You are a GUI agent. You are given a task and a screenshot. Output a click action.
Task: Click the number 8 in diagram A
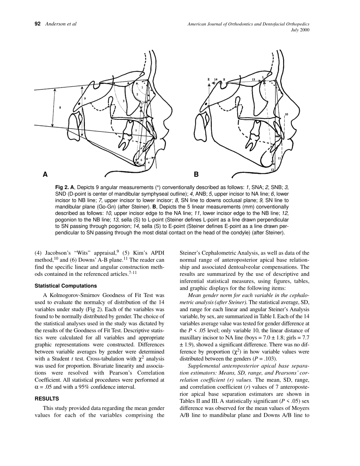60,108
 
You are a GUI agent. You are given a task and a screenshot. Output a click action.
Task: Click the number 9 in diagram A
85,99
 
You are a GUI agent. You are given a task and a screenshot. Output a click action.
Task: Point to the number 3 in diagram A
124,101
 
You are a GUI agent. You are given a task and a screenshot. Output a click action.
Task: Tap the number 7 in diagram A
136,131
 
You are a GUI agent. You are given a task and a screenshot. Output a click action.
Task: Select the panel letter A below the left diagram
45,175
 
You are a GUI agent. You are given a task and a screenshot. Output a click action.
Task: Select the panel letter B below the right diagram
196,175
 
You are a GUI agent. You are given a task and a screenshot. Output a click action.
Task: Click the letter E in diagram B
208,80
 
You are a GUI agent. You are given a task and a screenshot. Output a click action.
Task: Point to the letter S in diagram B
224,80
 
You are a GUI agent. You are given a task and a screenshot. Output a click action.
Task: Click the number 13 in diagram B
253,79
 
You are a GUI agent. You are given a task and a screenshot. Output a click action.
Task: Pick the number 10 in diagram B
286,114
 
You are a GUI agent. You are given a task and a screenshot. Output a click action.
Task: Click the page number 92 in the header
38,24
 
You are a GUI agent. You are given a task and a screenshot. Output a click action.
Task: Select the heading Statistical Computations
66,286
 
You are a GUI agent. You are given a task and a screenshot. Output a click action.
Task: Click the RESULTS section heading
47,399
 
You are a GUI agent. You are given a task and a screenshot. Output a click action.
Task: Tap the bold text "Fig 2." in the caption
63,187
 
